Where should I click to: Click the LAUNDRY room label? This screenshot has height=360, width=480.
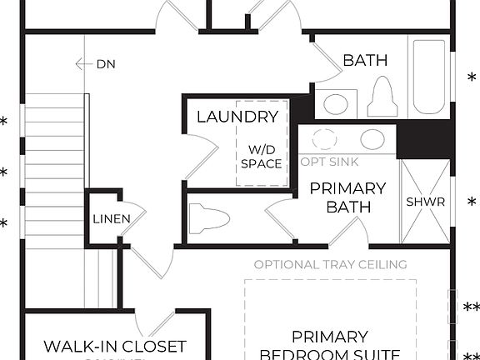[237, 117]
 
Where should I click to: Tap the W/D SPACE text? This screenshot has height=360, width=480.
[261, 157]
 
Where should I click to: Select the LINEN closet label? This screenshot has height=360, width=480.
[111, 219]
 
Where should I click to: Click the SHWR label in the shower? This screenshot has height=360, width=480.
[425, 202]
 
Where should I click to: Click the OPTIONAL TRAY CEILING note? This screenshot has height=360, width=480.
[330, 265]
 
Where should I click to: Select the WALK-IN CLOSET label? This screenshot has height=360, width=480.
[115, 346]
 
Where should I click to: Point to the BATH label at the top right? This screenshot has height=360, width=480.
[365, 60]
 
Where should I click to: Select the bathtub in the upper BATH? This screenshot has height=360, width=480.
[428, 79]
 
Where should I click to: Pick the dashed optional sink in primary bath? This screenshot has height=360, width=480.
[324, 139]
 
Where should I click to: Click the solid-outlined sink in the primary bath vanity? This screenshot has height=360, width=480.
[372, 139]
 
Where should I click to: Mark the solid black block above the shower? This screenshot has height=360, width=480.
[425, 140]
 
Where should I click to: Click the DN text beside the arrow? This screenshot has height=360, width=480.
[106, 63]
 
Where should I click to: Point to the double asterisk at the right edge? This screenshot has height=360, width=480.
[472, 307]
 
